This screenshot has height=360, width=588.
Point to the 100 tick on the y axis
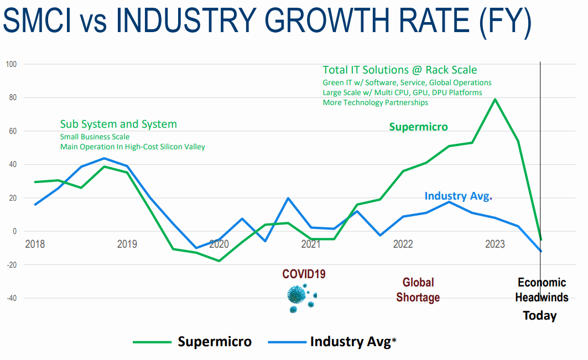[x=11, y=64]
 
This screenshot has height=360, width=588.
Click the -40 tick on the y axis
[x=11, y=298]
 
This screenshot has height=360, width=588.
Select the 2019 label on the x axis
[x=127, y=244]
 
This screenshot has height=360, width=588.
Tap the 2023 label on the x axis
[x=495, y=244]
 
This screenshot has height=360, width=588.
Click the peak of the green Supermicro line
[x=495, y=99]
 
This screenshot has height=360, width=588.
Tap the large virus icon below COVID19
[x=296, y=294]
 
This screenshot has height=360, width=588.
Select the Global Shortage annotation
[x=418, y=290]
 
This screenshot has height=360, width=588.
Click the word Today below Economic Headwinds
[x=540, y=316]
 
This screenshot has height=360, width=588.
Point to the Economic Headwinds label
[x=542, y=290]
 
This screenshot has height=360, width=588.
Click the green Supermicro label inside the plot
[x=418, y=127]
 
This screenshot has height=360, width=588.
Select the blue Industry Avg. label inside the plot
[x=458, y=196]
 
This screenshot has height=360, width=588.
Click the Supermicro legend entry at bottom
[x=214, y=342]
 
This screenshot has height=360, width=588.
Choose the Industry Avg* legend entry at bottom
[x=353, y=342]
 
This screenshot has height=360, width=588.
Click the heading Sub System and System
[x=118, y=124]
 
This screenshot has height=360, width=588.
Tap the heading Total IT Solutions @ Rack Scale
[x=399, y=70]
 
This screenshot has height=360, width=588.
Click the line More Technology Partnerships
[x=375, y=102]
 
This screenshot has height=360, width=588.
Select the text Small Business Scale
[x=95, y=137]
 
